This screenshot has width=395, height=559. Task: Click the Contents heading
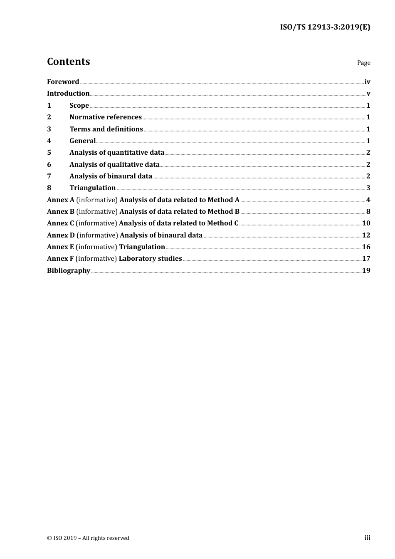pos(68,62)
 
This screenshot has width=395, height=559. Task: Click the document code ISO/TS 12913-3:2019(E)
pos(325,27)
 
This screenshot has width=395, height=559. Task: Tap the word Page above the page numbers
pos(363,63)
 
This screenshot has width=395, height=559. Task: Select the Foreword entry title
pos(63,82)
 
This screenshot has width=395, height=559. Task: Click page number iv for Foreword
pos(367,82)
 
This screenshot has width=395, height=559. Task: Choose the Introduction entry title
pos(68,94)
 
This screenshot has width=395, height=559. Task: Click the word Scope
pos(79,106)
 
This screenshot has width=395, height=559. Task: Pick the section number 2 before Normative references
pos(49,117)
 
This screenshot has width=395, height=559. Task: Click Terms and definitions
pos(106,129)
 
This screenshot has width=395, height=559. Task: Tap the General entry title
pos(82,141)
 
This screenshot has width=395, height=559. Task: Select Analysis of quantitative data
pos(117,153)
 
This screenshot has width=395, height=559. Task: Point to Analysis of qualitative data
pos(114,165)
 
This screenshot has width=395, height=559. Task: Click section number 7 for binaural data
pos(49,176)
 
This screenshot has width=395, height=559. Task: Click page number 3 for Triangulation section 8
pos(368,188)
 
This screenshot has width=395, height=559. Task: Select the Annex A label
pos(60,200)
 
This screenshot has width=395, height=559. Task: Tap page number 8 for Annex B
pos(368,212)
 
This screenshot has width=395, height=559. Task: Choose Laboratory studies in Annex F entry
pos(150,259)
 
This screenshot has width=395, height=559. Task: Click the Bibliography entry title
pos(69,271)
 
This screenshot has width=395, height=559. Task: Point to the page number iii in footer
pos(367,538)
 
